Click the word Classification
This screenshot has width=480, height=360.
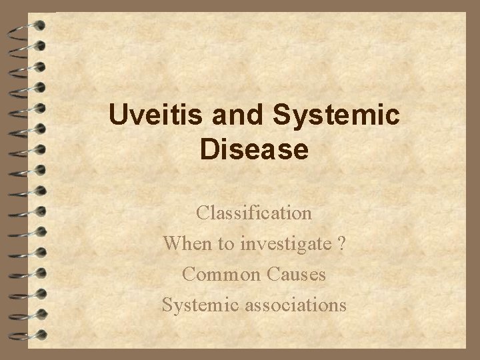point(254,213)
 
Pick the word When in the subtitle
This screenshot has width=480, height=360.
point(186,244)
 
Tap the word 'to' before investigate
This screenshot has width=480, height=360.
point(224,245)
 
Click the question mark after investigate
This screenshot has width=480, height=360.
point(341,244)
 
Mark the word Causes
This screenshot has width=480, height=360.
point(297,274)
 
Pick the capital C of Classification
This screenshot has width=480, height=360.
point(203,213)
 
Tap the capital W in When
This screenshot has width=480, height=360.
point(173,244)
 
